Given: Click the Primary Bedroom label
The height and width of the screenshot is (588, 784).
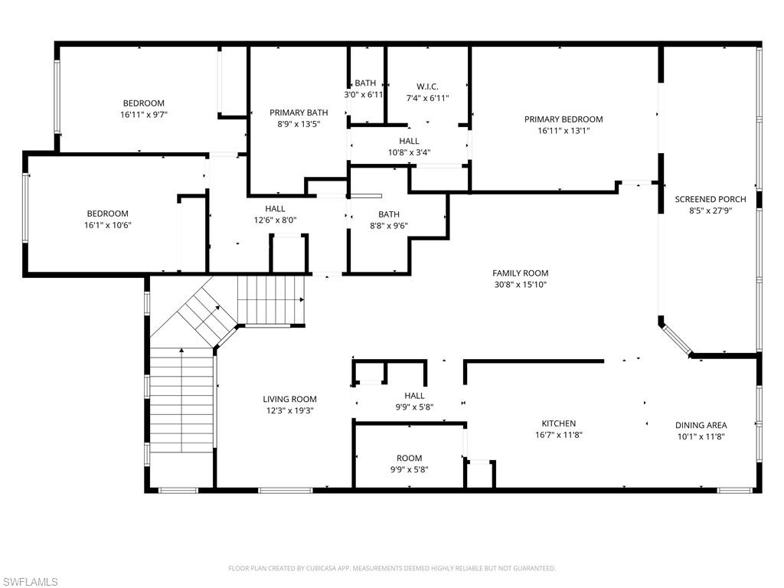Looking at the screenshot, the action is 563,119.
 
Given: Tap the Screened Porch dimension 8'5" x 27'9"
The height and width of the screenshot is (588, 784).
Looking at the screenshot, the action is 710,211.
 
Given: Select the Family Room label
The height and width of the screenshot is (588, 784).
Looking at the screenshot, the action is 521,273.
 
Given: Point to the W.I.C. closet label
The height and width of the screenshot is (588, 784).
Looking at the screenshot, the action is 427,87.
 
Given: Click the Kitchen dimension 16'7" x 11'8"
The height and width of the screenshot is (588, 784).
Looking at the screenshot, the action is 559,435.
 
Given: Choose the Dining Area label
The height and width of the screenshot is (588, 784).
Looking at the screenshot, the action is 701,425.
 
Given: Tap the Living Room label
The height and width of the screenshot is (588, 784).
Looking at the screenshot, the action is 290,399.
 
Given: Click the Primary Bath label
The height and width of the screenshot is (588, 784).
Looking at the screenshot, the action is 299,113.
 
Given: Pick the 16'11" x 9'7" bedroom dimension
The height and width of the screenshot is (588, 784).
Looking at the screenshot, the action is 144,115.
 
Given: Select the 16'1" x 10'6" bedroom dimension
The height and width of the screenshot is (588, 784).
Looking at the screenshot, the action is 107,225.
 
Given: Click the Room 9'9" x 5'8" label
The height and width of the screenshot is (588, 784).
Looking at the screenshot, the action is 410,458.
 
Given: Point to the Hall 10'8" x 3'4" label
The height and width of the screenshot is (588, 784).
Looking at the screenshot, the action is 409,141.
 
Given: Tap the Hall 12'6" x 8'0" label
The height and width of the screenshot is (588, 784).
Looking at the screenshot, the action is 275,208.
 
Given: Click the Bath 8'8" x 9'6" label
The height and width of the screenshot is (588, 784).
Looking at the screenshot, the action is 389,214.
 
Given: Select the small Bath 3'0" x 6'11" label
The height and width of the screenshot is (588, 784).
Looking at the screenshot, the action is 365,83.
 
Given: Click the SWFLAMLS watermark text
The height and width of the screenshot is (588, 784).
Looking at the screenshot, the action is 29,582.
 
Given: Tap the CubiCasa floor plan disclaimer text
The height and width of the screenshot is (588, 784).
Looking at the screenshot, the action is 392,568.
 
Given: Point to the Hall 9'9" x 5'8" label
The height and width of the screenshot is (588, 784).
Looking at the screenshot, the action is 414,396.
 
